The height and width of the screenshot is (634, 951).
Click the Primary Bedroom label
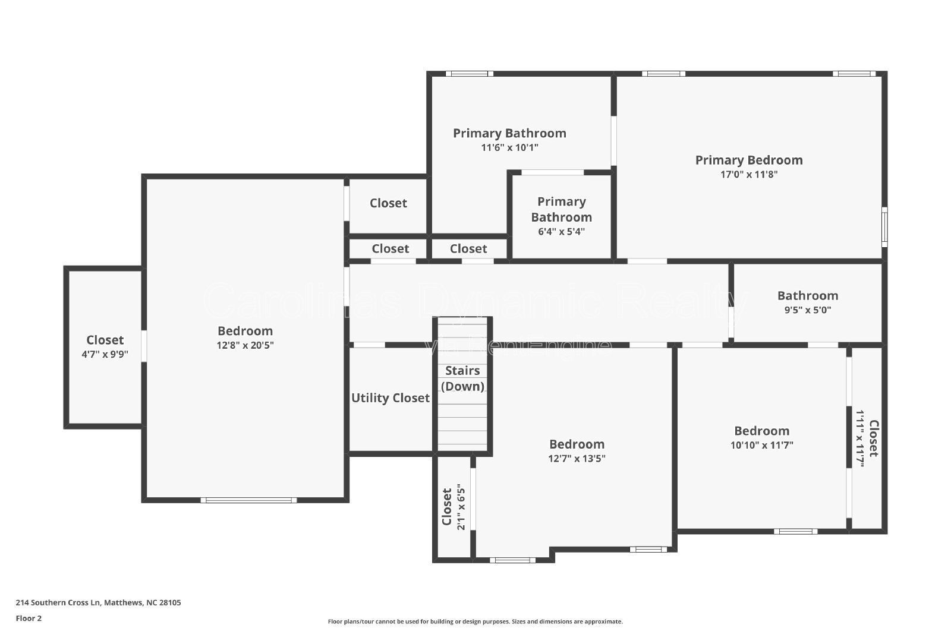tap(749, 160)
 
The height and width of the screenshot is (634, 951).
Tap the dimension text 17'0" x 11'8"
tap(749, 175)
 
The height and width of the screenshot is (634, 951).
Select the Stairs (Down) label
tap(462, 378)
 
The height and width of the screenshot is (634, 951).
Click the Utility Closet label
tap(390, 398)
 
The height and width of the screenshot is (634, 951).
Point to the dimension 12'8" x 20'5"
tap(245, 345)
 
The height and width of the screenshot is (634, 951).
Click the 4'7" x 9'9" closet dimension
tap(105, 355)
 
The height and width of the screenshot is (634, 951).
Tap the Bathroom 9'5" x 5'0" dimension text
tap(807, 310)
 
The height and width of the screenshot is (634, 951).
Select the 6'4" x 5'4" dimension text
tap(561, 232)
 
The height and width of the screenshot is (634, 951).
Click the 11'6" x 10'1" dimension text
tap(509, 147)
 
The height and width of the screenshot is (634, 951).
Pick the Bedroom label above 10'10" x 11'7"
tap(761, 431)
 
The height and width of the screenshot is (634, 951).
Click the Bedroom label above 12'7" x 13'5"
tap(577, 444)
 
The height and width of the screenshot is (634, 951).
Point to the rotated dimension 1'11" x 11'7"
tap(859, 438)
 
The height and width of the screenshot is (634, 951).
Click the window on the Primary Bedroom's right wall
tap(884, 227)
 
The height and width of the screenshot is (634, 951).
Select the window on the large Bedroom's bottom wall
tap(248, 500)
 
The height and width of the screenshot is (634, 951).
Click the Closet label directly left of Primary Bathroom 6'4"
tap(468, 248)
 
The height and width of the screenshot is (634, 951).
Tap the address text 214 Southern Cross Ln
tap(98, 603)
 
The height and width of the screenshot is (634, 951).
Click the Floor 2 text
tap(29, 619)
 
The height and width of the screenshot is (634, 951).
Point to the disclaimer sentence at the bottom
tap(475, 622)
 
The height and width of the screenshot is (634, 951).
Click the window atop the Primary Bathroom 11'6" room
tap(470, 74)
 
